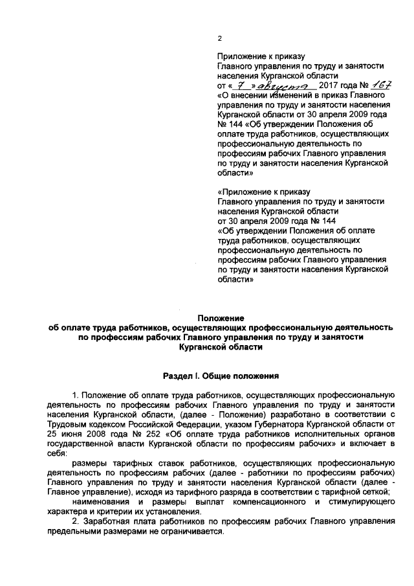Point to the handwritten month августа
(285, 85)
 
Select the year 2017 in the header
(330, 85)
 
